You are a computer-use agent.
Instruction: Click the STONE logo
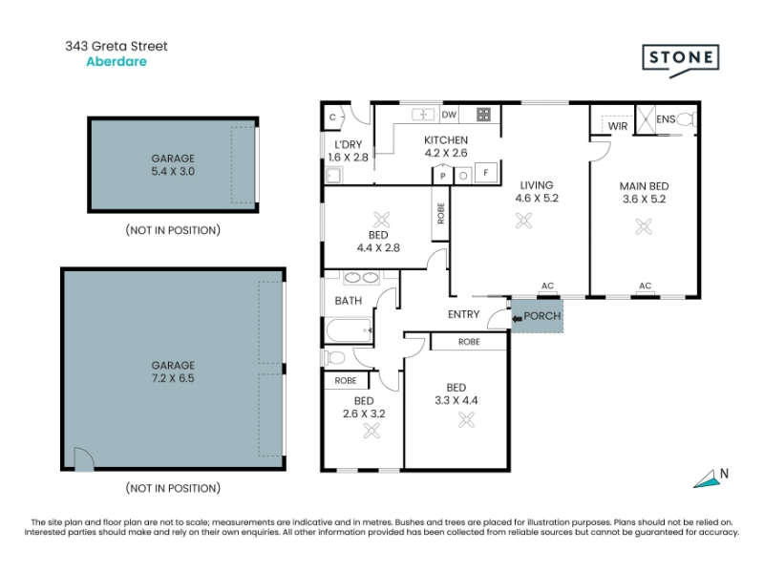pyautogui.click(x=680, y=60)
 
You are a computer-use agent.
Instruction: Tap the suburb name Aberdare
pyautogui.click(x=117, y=62)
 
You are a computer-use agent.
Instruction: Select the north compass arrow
pyautogui.click(x=707, y=479)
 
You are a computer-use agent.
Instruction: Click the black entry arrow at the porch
pyautogui.click(x=517, y=319)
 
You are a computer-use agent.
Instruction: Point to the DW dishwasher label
pyautogui.click(x=449, y=115)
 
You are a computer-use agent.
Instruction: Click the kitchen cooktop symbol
pyautogui.click(x=483, y=115)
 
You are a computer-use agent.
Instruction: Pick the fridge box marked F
pyautogui.click(x=486, y=173)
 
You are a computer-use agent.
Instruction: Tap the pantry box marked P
pyautogui.click(x=443, y=176)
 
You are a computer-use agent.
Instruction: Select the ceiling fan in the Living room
pyautogui.click(x=523, y=221)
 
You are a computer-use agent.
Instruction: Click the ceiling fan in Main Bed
pyautogui.click(x=644, y=226)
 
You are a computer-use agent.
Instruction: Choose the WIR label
pyautogui.click(x=618, y=126)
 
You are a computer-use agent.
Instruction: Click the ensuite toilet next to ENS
pyautogui.click(x=687, y=118)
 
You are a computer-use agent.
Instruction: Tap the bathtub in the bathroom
pyautogui.click(x=350, y=329)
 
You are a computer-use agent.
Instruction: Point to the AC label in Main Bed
pyautogui.click(x=646, y=286)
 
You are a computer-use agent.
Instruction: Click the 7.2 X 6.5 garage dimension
pyautogui.click(x=173, y=378)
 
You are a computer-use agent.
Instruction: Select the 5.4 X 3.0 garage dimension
pyautogui.click(x=173, y=172)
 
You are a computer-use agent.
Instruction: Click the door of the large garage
pyautogui.click(x=84, y=459)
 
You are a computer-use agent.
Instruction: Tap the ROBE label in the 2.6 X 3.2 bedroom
pyautogui.click(x=346, y=380)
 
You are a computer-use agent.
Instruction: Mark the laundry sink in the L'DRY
pyautogui.click(x=333, y=175)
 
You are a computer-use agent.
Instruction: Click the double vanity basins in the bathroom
pyautogui.click(x=362, y=278)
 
